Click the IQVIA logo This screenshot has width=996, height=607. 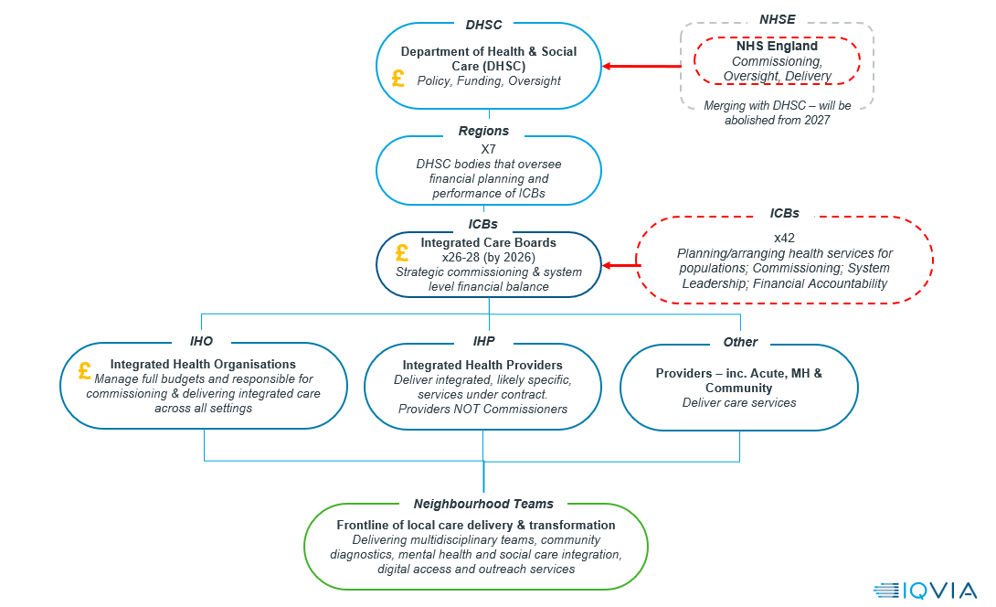pos(925,591)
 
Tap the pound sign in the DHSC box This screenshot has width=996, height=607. pos(398,79)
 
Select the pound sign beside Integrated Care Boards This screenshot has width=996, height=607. pos(401,253)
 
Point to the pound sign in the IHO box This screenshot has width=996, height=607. pos(84,370)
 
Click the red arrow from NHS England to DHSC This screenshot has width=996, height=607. pos(641,66)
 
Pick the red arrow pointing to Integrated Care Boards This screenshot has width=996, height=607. pos(621,265)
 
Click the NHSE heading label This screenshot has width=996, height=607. pos(777,20)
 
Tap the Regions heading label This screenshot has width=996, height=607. pos(483,131)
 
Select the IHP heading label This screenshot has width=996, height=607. pos(483,341)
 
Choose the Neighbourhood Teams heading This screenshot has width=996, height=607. pos(483,504)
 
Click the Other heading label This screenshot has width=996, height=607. pos(740,342)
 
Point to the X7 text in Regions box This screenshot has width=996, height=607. pos(488,149)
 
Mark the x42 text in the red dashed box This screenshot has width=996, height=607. pos(784,238)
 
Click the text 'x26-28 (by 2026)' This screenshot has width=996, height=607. pos(489,258)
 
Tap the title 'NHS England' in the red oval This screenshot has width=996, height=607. pos(777,46)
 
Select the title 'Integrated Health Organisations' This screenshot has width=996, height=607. pos(203,364)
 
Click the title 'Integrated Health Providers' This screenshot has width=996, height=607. pos(482,365)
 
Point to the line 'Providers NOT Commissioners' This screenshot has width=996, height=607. pos(482,409)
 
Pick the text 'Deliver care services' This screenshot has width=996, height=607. pos(738,402)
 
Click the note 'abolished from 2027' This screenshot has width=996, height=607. pos(777,120)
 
